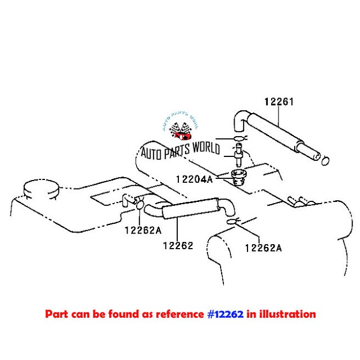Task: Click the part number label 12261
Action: coord(280,102)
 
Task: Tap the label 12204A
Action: coord(195,179)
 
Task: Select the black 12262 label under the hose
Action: coord(178,245)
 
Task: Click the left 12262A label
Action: coord(143,229)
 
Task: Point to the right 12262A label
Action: coord(263,247)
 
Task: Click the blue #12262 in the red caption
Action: coord(224,314)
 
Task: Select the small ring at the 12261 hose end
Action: coord(325,162)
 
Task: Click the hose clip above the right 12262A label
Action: coord(232,224)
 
